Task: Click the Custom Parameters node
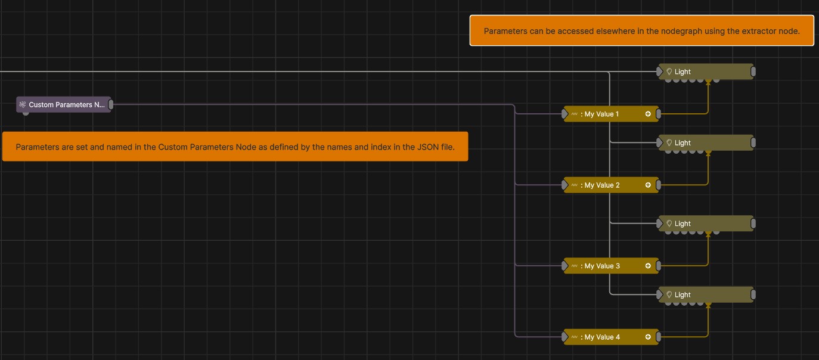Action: click(x=64, y=104)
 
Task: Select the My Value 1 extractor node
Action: click(x=611, y=114)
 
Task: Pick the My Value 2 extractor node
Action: click(x=611, y=185)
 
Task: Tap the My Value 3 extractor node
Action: click(x=611, y=266)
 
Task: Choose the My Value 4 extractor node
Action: click(x=611, y=337)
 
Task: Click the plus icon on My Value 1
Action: click(x=648, y=114)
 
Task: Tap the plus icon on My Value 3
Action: click(x=648, y=266)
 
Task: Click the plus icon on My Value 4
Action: click(x=648, y=337)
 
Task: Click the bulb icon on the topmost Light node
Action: click(x=669, y=72)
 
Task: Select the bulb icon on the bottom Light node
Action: click(x=669, y=294)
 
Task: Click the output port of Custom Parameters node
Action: click(x=111, y=104)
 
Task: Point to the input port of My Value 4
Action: click(x=565, y=337)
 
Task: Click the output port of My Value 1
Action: click(x=659, y=114)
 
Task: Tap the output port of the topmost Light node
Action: click(x=753, y=72)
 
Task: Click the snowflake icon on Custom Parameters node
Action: click(x=23, y=104)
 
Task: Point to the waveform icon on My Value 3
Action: click(x=575, y=266)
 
